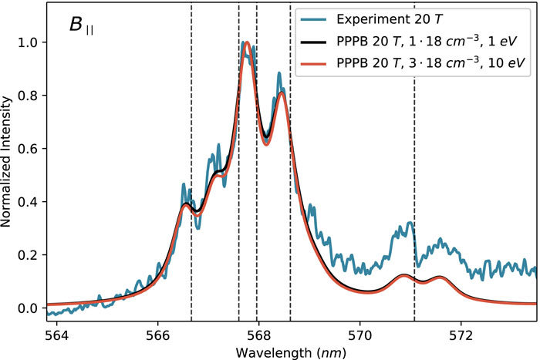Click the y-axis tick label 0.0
[29, 308]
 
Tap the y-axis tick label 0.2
[29, 255]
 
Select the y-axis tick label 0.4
[29, 202]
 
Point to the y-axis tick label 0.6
[29, 149]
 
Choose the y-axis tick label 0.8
[29, 96]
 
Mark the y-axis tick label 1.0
[29, 42]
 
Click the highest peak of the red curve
[247, 43]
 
